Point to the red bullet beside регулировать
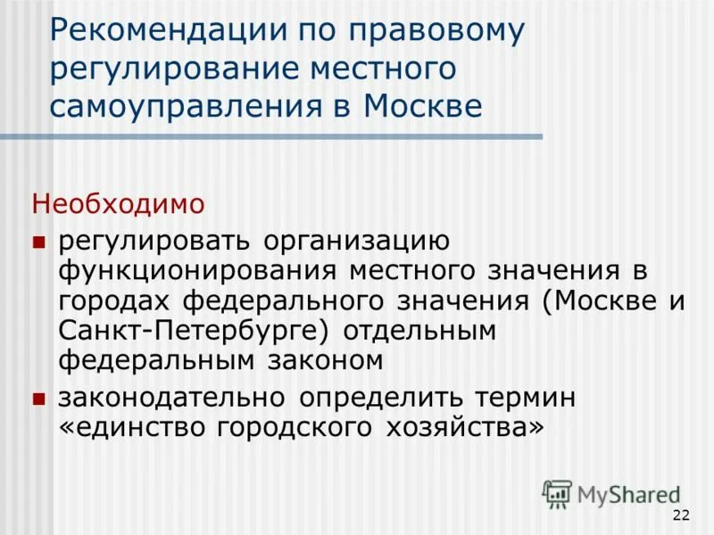tap(38, 242)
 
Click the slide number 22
tap(681, 515)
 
